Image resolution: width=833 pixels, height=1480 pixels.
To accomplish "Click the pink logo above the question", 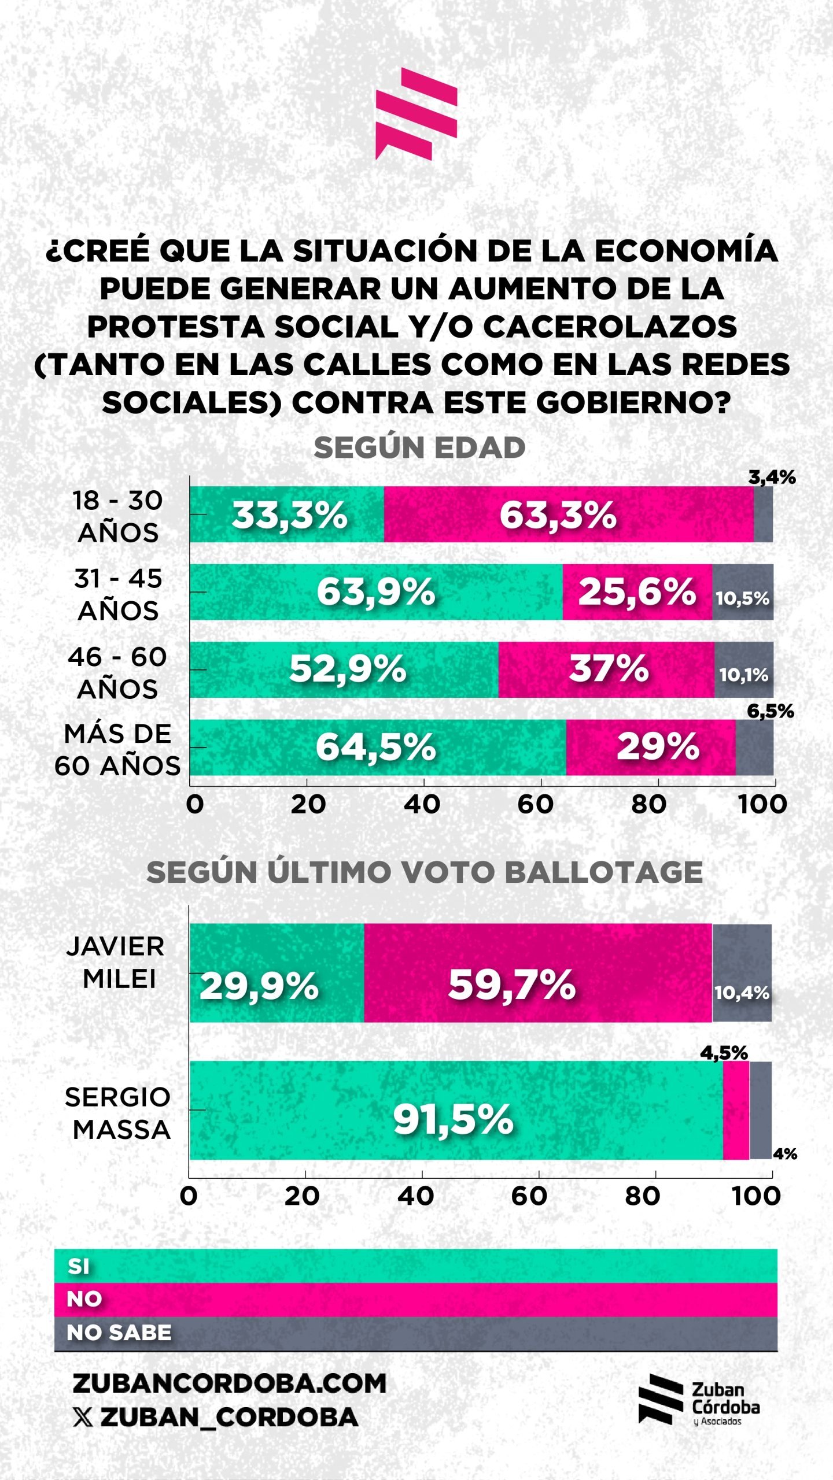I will click(x=416, y=114).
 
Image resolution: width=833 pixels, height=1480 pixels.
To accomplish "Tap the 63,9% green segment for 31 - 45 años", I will click(x=376, y=592).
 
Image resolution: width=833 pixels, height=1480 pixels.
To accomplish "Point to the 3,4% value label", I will click(x=772, y=478).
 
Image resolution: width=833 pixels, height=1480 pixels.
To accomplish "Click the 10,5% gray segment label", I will click(x=743, y=598).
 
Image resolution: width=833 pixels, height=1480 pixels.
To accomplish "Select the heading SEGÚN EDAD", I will click(x=419, y=448).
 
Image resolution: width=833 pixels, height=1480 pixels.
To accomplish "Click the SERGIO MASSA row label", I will click(x=119, y=1113).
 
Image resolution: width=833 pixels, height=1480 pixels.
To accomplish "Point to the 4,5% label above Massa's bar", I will click(x=724, y=1053).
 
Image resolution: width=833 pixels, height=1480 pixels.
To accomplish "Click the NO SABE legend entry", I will click(x=119, y=1333).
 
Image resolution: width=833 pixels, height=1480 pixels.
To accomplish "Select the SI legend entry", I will click(x=79, y=1266).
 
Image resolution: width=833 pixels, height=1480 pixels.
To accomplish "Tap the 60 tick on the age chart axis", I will click(x=536, y=804).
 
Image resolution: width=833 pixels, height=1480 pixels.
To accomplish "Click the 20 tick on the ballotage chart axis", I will click(x=302, y=1196).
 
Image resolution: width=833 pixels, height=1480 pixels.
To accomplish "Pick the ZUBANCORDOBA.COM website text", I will click(x=230, y=1383).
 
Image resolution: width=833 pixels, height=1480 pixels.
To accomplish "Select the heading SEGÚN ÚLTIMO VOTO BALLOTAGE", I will click(x=425, y=872).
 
